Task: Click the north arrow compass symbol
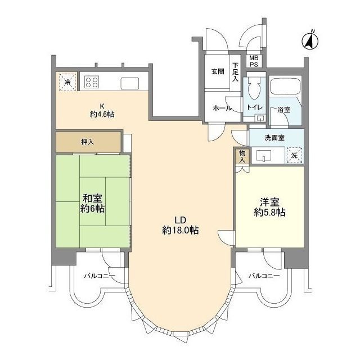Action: [x=309, y=40]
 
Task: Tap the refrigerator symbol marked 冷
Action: [x=67, y=83]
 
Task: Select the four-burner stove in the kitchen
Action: [x=92, y=83]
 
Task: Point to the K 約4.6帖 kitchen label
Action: [x=102, y=110]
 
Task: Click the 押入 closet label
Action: [x=87, y=141]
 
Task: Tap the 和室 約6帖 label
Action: [x=93, y=203]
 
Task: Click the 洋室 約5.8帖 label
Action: [x=269, y=206]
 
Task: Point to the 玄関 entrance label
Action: [x=218, y=72]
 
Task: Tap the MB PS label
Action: [x=254, y=61]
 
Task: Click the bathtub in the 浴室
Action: [x=287, y=88]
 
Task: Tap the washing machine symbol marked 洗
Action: [x=294, y=155]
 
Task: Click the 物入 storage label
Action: [x=242, y=155]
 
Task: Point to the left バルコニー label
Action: [x=100, y=276]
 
